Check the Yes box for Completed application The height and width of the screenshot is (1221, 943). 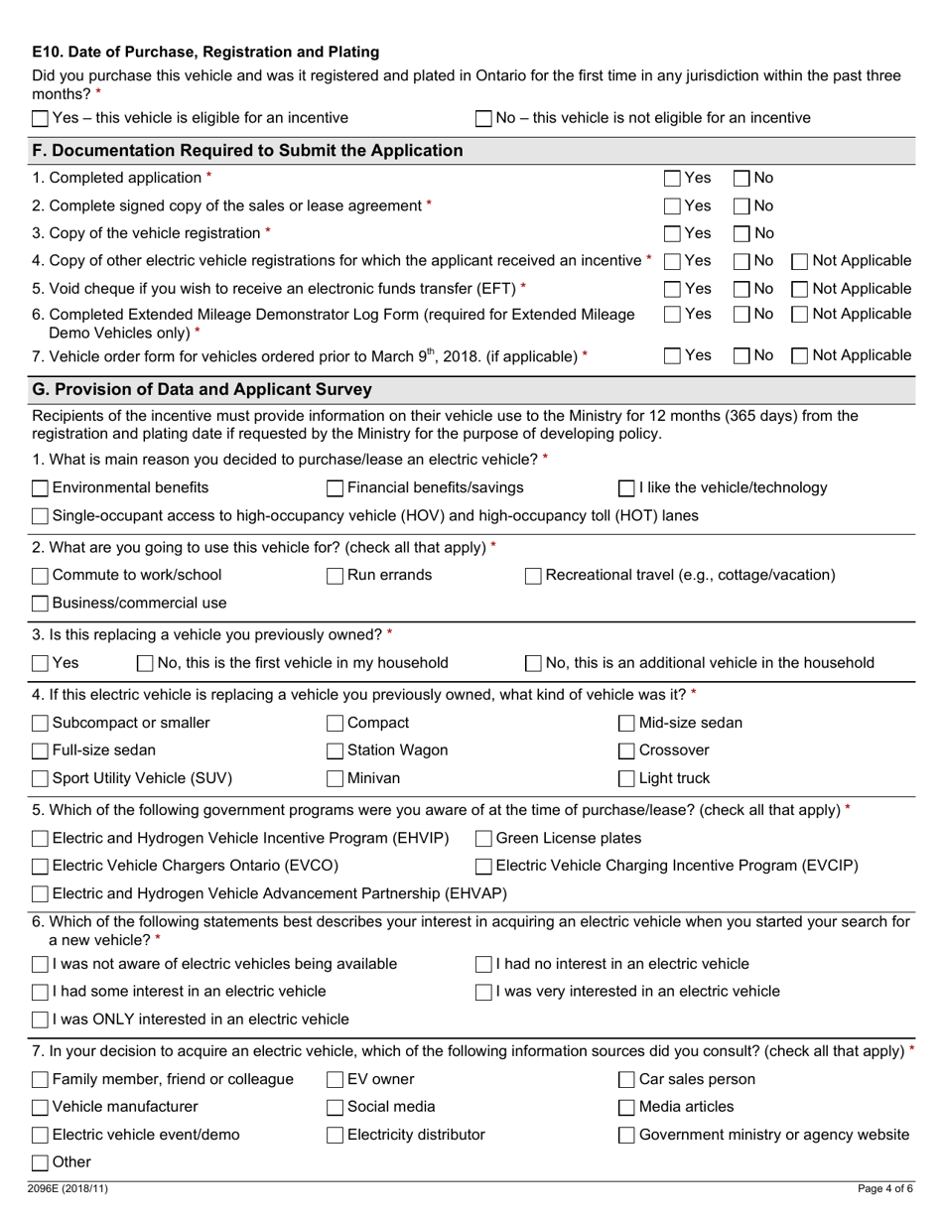coord(672,179)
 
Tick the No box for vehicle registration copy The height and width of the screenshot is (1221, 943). coord(741,233)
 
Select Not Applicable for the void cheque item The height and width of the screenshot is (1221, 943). coord(800,289)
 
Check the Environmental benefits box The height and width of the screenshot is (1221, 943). coord(40,488)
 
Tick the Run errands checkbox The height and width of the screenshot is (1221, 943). coord(336,576)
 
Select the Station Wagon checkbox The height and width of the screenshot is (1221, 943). coord(336,751)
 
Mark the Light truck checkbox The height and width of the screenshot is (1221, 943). coord(627,779)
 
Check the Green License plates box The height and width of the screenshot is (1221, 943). coord(484,839)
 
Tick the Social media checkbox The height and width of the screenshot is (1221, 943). coord(336,1108)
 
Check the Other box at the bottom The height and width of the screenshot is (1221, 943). coord(40,1163)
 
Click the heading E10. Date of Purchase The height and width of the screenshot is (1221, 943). coord(205,52)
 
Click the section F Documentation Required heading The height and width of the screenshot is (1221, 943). coord(248,151)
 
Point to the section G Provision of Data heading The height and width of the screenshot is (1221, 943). coord(202,390)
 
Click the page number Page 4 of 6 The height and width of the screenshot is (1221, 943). coord(884,1188)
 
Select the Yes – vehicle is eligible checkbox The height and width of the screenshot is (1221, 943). coord(40,119)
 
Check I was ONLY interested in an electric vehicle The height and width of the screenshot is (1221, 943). coord(40,1020)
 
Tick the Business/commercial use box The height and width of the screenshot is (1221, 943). coord(40,604)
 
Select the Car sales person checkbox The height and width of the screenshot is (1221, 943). coord(627,1080)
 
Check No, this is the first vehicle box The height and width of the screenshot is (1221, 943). coord(145,663)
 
